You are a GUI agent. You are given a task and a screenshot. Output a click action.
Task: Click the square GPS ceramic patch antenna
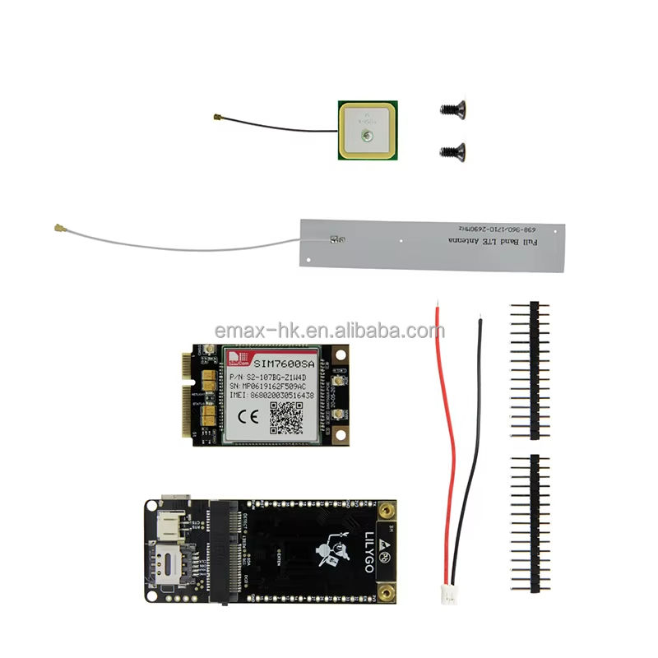pyautogui.click(x=368, y=131)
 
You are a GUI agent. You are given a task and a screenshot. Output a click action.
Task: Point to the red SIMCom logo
pyautogui.click(x=237, y=358)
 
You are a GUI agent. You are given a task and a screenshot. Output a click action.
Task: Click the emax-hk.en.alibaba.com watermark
pyautogui.click(x=329, y=331)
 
